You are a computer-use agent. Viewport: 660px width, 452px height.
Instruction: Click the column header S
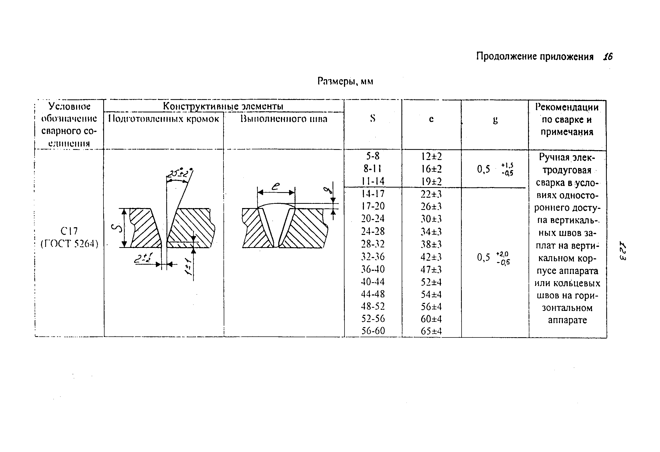[x=373, y=118]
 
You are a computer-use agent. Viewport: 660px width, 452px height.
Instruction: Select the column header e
[x=431, y=119]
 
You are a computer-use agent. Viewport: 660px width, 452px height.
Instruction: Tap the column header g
[x=495, y=120]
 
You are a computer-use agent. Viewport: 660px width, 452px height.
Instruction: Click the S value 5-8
[x=373, y=156]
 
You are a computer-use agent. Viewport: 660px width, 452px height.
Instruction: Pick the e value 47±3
[x=431, y=269]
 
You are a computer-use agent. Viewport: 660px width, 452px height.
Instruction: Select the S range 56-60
[x=373, y=331]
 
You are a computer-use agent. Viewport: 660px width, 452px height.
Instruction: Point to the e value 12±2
[x=431, y=156]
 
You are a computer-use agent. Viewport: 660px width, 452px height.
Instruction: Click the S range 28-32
[x=373, y=244]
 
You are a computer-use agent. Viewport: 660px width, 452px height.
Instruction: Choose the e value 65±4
[x=431, y=331]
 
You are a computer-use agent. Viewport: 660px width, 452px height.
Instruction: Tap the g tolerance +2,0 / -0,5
[x=503, y=258]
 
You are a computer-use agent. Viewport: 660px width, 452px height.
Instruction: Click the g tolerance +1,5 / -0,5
[x=507, y=169]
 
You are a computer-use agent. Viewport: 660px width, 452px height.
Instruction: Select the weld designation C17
[x=69, y=231]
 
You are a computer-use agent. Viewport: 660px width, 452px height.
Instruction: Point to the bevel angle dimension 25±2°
[x=179, y=173]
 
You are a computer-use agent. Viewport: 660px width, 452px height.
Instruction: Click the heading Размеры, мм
[x=345, y=81]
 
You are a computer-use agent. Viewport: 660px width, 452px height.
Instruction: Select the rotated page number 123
[x=622, y=251]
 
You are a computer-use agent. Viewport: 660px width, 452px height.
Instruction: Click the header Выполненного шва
[x=284, y=119]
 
